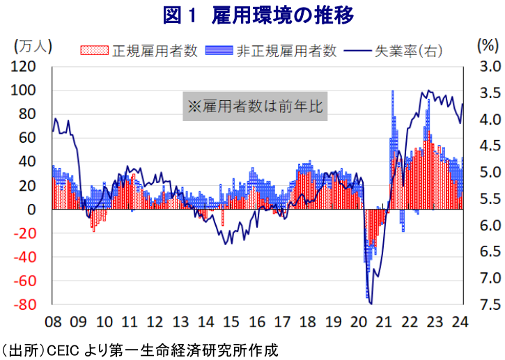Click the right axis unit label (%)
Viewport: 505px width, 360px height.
point(485,46)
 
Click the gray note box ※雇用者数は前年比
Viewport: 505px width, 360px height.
point(255,107)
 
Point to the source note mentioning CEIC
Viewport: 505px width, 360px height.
point(139,349)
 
